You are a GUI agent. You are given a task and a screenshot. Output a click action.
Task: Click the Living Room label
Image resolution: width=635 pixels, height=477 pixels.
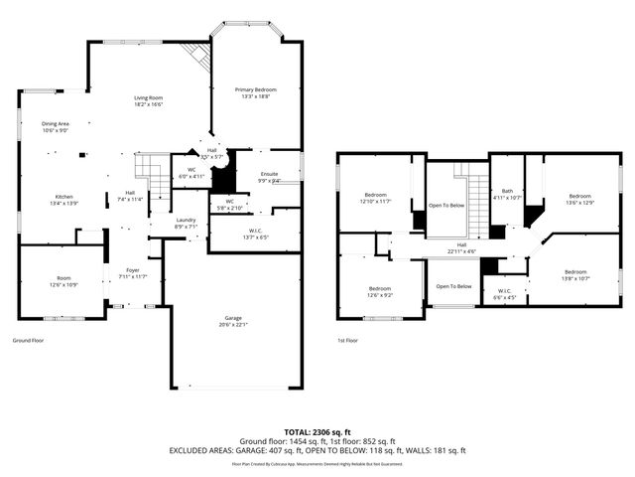149,97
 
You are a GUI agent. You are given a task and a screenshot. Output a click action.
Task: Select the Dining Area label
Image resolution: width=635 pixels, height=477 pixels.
56,123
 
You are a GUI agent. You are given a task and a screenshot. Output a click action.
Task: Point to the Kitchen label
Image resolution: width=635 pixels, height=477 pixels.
63,196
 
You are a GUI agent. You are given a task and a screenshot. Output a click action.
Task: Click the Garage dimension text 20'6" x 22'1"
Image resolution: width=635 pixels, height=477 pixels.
233,325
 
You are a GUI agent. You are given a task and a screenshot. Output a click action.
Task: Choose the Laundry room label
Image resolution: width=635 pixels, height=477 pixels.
186,220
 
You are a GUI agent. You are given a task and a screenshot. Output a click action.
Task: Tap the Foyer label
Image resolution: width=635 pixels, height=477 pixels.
132,268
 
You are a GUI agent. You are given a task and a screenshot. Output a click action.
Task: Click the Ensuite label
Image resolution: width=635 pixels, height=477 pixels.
269,175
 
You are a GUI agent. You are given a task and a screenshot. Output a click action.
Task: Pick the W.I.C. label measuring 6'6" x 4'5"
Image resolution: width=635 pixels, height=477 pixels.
506,291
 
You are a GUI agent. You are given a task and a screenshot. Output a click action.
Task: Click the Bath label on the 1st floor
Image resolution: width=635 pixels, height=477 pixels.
507,191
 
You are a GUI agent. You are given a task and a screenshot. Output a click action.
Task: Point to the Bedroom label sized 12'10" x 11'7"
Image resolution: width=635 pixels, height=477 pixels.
375,194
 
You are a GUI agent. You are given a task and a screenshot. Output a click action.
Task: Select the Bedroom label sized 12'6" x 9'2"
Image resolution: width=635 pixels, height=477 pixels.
380,288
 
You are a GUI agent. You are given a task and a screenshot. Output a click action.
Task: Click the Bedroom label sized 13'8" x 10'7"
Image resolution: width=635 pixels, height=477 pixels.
575,271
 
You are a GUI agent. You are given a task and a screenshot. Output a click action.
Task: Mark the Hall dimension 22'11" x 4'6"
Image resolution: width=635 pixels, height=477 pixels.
462,250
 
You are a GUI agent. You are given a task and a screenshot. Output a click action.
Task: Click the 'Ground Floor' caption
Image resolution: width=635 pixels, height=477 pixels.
27,339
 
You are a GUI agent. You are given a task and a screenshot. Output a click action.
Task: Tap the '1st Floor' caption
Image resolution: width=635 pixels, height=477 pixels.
348,339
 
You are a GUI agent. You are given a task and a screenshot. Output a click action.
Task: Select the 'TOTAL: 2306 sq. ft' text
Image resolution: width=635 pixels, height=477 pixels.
317,432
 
